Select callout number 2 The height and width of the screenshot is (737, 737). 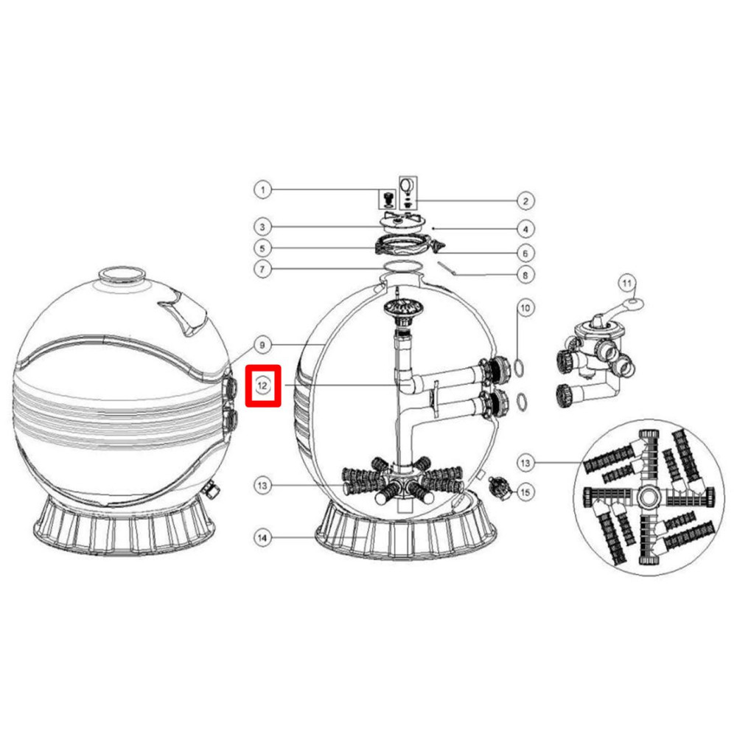pyautogui.click(x=525, y=200)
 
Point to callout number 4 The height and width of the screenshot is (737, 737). pyautogui.click(x=525, y=228)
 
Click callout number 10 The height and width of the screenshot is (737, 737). pyautogui.click(x=524, y=307)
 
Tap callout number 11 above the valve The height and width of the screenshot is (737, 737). pyautogui.click(x=626, y=282)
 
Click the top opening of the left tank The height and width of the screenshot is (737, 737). pyautogui.click(x=119, y=274)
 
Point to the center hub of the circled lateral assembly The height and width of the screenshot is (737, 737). pyautogui.click(x=649, y=495)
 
